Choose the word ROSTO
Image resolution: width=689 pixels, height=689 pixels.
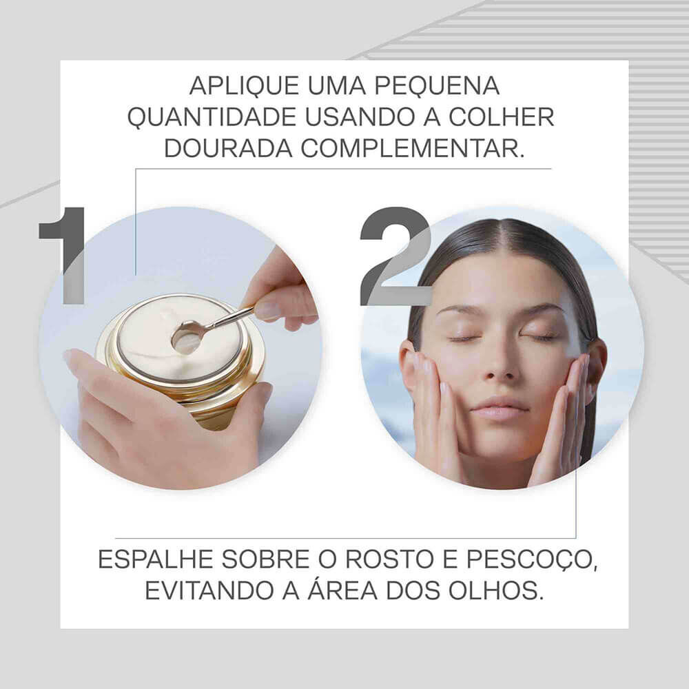point(387,559)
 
